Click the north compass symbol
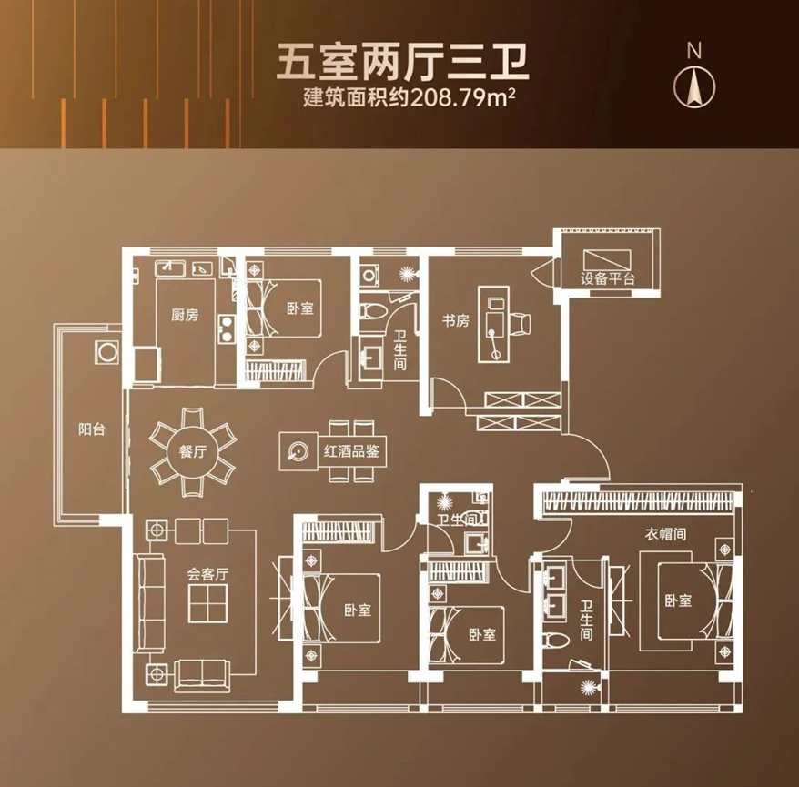pyautogui.click(x=694, y=85)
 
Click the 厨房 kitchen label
pyautogui.click(x=184, y=316)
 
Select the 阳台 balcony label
pyautogui.click(x=91, y=429)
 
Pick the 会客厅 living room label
pyautogui.click(x=206, y=574)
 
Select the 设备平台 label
pyautogui.click(x=608, y=278)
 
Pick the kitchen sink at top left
pyautogui.click(x=169, y=267)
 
